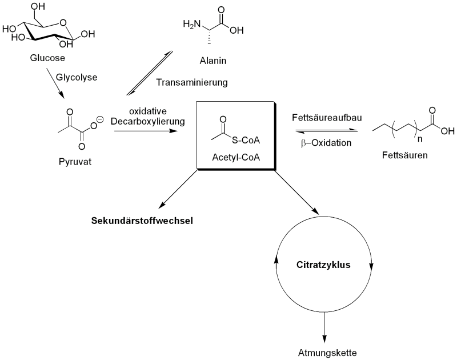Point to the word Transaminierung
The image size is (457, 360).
pos(191,82)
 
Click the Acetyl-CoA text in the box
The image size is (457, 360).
pos(236,157)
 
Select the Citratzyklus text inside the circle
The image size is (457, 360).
pos(323,265)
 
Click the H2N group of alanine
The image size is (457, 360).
pos(191,24)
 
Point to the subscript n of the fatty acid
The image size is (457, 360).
pos(420,138)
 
